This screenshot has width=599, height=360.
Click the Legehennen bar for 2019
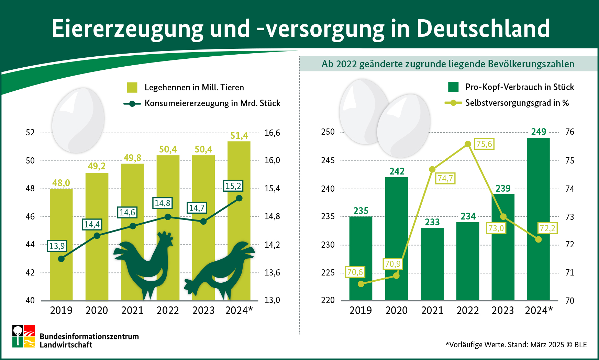(x=61, y=244)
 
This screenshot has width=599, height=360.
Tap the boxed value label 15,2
(x=233, y=186)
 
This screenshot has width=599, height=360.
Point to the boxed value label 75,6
(x=484, y=144)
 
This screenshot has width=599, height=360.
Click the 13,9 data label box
(x=57, y=246)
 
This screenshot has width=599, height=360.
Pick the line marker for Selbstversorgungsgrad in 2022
(x=468, y=144)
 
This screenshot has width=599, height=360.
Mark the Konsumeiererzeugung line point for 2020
(x=97, y=236)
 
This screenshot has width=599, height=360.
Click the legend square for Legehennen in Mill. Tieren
(x=132, y=87)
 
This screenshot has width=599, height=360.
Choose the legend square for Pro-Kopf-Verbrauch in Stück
(x=453, y=87)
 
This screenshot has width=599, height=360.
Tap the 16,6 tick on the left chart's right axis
(x=272, y=133)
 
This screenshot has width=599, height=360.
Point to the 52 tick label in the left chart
(x=30, y=133)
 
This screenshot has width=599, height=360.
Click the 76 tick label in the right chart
(x=570, y=132)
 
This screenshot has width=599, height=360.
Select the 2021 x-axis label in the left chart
(x=132, y=311)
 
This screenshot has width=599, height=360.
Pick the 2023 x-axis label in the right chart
(x=503, y=311)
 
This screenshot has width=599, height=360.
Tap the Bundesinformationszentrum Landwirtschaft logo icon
(x=24, y=336)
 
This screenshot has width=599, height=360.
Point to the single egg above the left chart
(x=78, y=120)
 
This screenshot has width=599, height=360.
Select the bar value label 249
(x=539, y=132)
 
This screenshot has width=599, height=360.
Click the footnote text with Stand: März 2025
(x=516, y=345)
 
